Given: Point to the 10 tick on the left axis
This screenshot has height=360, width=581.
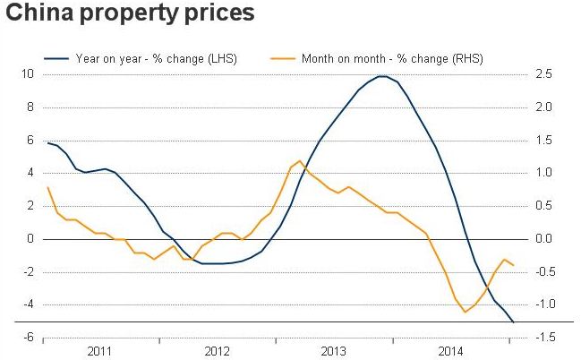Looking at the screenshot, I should [x=28, y=74].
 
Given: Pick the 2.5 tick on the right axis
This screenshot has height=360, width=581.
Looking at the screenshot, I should [x=545, y=74].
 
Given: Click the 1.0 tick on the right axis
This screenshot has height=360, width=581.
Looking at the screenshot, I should [x=545, y=173].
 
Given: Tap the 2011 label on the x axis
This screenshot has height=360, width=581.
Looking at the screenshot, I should [x=100, y=350].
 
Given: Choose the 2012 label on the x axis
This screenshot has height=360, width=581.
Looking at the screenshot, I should [x=218, y=350].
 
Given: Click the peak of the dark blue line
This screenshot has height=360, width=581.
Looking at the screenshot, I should [x=383, y=76].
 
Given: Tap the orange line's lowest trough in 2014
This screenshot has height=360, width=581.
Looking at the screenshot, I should [x=465, y=312].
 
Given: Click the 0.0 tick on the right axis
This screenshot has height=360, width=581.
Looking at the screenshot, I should [x=545, y=239].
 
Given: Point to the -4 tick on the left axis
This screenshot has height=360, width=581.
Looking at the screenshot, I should [x=29, y=304].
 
